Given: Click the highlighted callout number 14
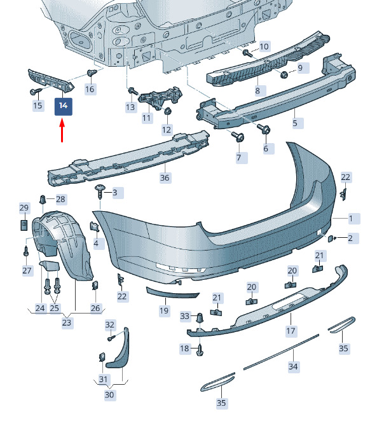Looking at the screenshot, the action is (64, 106).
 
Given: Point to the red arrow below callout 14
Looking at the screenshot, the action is (62, 131).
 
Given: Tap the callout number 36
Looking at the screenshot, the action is (165, 177).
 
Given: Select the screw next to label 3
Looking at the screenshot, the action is (100, 191).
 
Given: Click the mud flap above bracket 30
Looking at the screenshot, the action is (118, 349).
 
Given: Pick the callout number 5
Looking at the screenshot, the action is (295, 123).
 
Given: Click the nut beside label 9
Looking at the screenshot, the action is (284, 74).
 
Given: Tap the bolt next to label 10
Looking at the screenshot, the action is (247, 53).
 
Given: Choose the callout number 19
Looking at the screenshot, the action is (164, 310).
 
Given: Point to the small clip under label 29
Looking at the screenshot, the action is (24, 225).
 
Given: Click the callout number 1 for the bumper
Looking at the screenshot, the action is (351, 219).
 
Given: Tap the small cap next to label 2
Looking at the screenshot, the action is (331, 238).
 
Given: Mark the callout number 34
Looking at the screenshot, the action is (293, 366).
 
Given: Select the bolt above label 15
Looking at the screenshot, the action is (36, 92).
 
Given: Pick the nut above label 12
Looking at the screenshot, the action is (167, 111).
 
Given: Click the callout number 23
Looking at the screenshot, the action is (67, 322).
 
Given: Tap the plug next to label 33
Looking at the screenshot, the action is (200, 318).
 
